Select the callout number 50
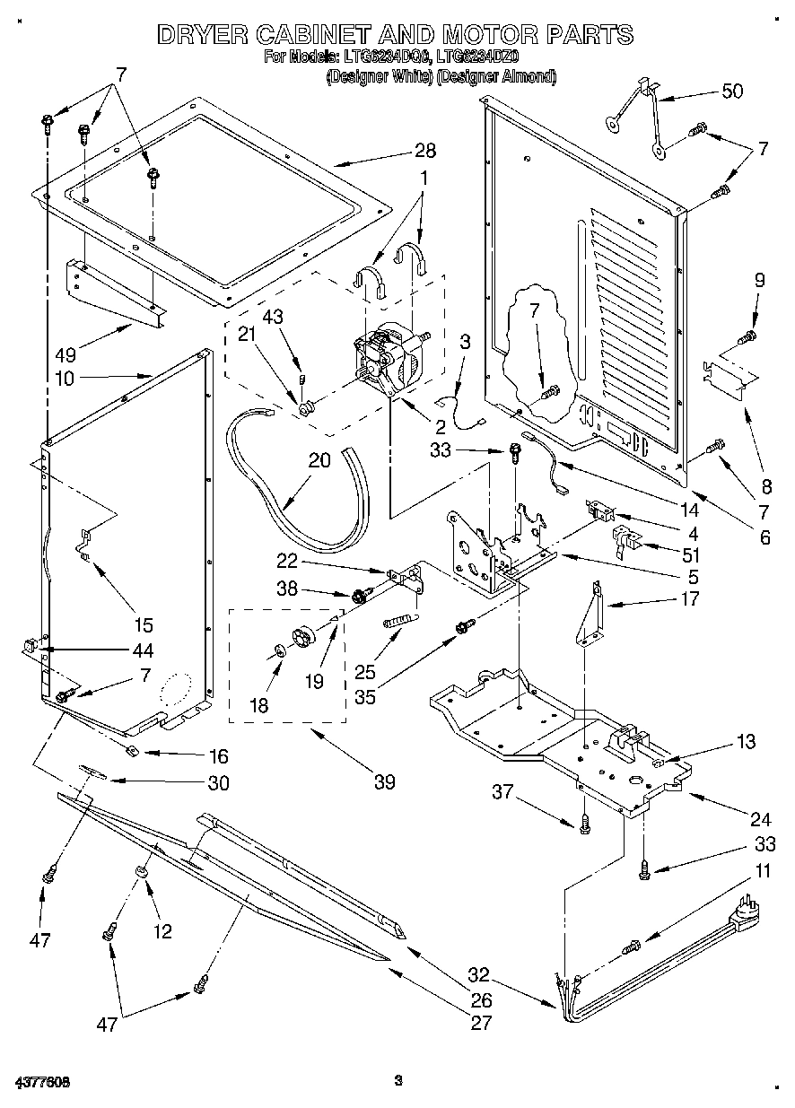(732, 92)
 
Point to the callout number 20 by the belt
(319, 461)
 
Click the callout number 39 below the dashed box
(384, 781)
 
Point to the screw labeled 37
(584, 822)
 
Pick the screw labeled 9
(747, 337)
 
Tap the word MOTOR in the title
(485, 35)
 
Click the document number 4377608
(42, 1082)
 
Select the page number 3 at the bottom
(397, 1082)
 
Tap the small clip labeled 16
(130, 750)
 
